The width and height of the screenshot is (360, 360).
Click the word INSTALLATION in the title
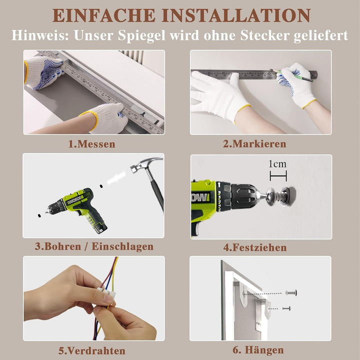236,15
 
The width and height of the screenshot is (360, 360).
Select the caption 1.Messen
92,144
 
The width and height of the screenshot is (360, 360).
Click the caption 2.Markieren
254,143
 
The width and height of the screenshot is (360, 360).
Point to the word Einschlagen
122,246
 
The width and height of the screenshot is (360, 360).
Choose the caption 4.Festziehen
255,247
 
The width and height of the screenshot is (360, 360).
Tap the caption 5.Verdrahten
92,351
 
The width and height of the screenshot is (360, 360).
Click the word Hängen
264,350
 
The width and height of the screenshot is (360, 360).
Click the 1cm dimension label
277,164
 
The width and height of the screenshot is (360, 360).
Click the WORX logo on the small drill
75,200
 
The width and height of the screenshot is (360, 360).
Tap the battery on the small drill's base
100,227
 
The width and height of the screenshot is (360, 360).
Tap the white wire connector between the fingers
106,292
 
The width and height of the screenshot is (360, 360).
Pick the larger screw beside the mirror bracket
291,292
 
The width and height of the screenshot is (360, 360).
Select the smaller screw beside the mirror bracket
286,308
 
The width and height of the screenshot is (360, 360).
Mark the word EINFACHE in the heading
104,15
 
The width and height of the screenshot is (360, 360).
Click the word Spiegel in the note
141,35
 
